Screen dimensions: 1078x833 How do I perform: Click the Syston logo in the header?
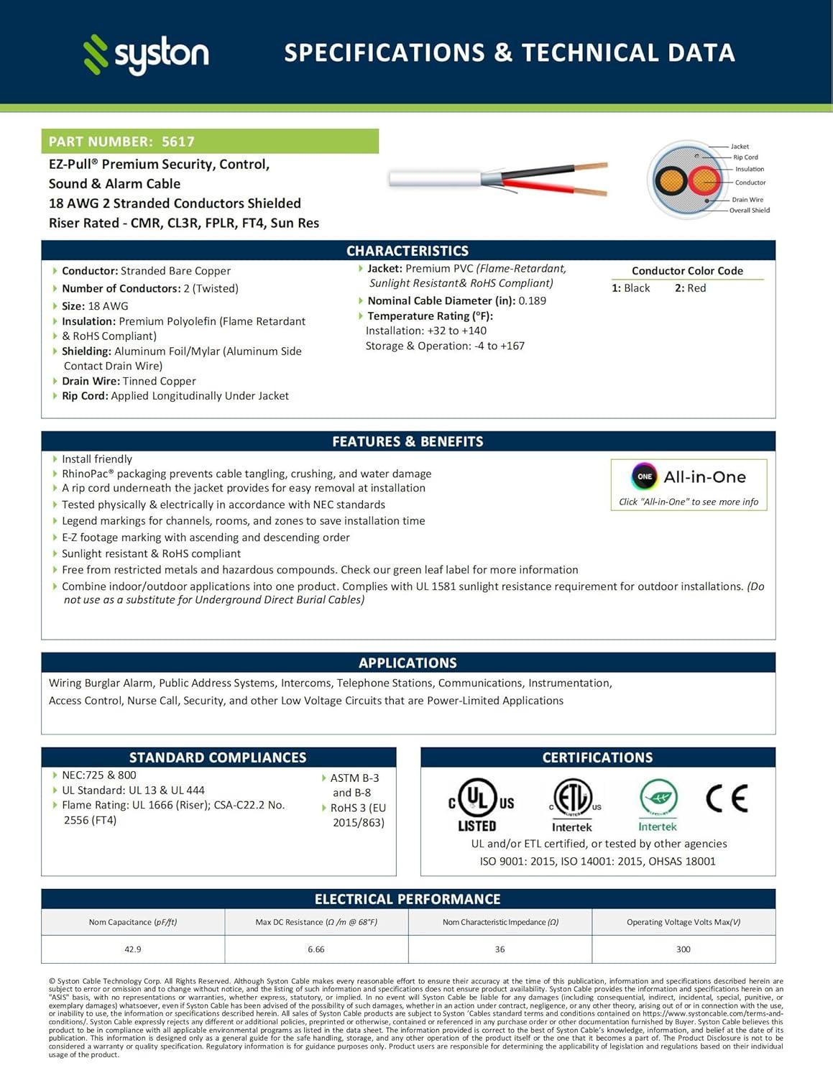click(x=146, y=54)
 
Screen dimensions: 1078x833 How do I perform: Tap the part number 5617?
click(x=178, y=142)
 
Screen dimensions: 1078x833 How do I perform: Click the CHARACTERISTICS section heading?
click(x=408, y=251)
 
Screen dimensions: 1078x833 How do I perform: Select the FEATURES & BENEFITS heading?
click(x=408, y=441)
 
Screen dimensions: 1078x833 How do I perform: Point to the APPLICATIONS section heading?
click(x=408, y=663)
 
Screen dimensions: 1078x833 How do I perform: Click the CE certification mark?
click(x=727, y=798)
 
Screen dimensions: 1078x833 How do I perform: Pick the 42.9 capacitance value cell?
click(x=133, y=949)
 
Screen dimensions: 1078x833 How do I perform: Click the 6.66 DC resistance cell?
click(x=316, y=949)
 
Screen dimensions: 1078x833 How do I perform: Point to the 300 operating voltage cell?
click(x=684, y=949)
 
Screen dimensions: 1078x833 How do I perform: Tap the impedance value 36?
click(x=500, y=949)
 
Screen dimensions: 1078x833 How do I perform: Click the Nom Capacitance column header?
click(x=133, y=922)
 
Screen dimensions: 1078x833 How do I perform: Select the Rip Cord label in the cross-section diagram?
click(x=745, y=157)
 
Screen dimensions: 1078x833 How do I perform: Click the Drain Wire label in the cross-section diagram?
click(x=747, y=200)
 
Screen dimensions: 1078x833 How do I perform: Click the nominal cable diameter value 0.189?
click(x=533, y=301)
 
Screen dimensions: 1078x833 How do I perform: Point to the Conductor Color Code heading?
click(x=687, y=271)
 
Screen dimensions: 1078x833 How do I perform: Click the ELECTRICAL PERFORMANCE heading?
click(x=408, y=899)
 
